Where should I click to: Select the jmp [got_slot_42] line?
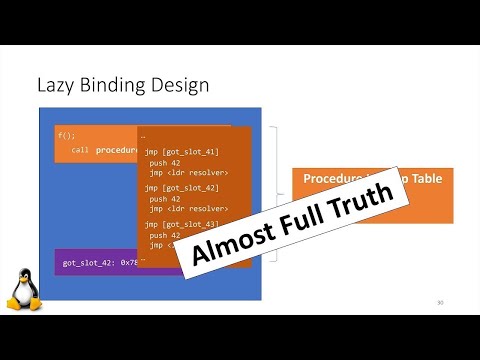(x=181, y=187)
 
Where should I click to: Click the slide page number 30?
(x=440, y=302)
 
